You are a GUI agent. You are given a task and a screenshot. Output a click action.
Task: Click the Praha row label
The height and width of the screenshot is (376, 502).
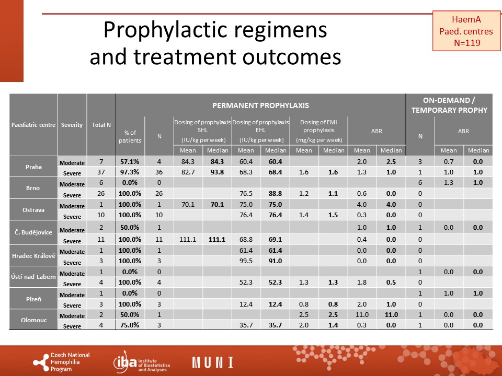click(33, 167)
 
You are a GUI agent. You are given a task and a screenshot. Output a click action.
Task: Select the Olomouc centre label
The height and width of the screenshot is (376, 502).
click(33, 320)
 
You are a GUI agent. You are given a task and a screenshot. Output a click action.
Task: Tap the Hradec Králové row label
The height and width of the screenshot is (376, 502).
click(33, 256)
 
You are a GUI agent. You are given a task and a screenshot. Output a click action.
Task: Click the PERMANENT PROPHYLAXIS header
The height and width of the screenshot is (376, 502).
click(260, 105)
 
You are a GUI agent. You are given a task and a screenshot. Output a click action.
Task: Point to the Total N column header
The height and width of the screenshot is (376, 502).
click(101, 125)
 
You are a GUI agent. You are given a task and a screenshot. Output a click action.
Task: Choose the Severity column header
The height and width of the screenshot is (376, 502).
click(72, 125)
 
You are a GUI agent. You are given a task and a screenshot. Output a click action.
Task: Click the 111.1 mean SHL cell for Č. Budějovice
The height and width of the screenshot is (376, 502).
click(188, 240)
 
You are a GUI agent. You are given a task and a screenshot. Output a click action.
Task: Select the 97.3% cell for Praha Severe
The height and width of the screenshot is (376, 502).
click(130, 172)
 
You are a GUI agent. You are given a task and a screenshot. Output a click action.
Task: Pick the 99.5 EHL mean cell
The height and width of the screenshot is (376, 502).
click(246, 261)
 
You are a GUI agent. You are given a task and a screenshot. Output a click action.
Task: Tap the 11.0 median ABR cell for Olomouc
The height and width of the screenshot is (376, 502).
click(391, 314)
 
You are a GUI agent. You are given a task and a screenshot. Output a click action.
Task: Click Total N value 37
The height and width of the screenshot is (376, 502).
click(101, 172)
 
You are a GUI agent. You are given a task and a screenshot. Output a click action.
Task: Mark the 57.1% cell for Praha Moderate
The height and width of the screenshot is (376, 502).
click(130, 161)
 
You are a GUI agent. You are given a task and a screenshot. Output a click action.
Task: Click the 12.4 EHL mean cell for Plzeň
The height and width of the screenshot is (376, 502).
click(246, 304)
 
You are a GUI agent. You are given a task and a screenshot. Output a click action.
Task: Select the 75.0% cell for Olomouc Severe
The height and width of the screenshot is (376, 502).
click(130, 325)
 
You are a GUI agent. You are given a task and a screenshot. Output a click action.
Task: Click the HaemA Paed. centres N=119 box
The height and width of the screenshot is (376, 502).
click(466, 31)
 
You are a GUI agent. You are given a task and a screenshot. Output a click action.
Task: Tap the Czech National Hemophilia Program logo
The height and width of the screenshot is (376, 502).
click(62, 362)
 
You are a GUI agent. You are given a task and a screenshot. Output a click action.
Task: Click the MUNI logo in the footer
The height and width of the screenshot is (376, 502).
click(213, 362)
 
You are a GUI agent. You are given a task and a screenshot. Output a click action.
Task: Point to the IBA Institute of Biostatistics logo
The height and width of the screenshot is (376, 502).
click(142, 362)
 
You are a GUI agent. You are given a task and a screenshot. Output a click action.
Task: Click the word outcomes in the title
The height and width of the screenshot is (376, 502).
click(292, 57)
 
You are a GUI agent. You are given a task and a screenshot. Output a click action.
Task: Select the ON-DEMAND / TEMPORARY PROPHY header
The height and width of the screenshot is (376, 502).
click(449, 105)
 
